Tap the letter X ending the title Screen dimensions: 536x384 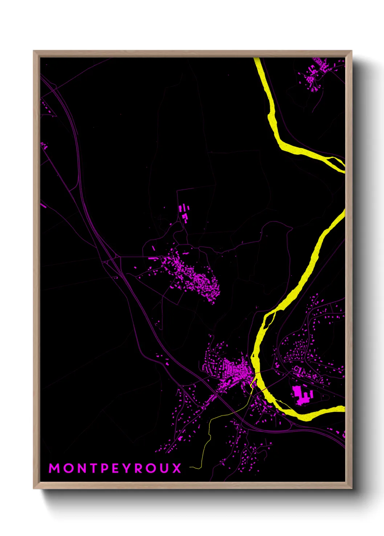click(x=177, y=468)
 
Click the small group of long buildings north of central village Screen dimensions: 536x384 click(x=184, y=212)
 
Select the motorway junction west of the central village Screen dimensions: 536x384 click(x=109, y=259)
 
